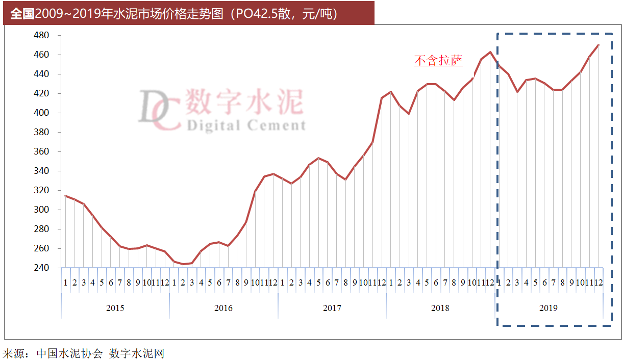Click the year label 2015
115,308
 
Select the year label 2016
223,308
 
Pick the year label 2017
332,308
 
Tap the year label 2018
440,308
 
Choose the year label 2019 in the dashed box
549,308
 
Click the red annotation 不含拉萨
438,61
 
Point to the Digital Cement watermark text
246,125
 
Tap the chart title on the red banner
173,14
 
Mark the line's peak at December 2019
598,45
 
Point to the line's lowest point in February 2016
183,264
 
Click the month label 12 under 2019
598,282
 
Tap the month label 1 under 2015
65,282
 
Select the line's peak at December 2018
490,52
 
